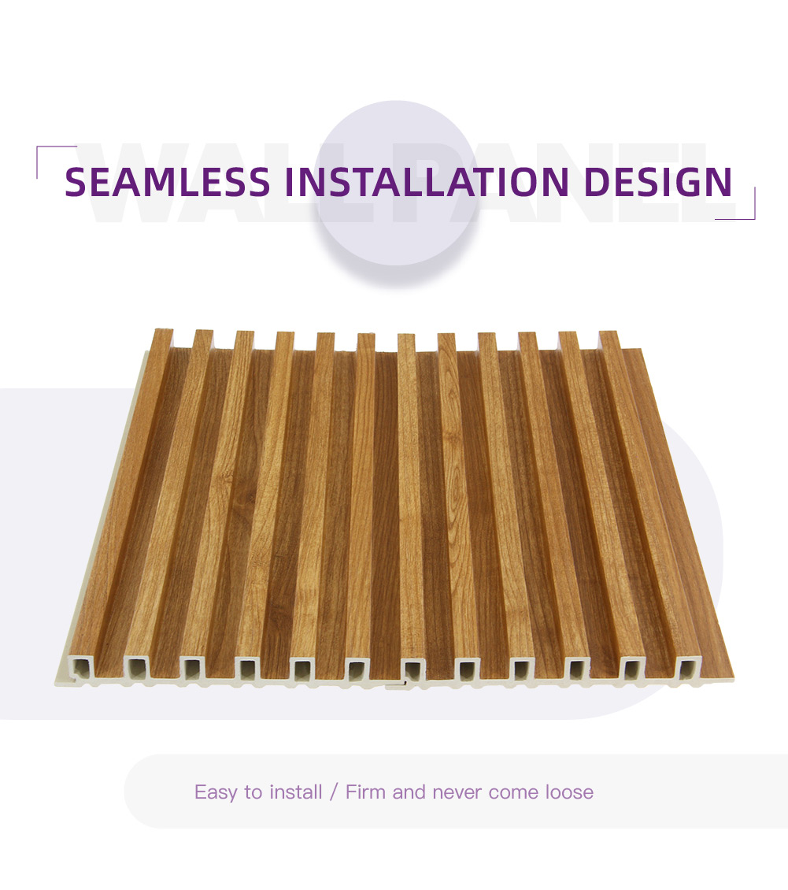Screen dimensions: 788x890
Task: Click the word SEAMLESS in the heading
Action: pyautogui.click(x=168, y=182)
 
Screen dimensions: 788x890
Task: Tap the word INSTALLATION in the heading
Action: pyautogui.click(x=427, y=182)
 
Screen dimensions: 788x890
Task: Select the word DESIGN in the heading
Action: pyautogui.click(x=658, y=182)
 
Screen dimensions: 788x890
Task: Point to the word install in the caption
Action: pyautogui.click(x=295, y=792)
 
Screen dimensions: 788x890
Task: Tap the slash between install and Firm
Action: pyautogui.click(x=334, y=792)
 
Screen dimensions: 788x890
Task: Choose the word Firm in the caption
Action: pyautogui.click(x=365, y=792)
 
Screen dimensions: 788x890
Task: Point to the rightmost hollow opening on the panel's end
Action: pyautogui.click(x=689, y=668)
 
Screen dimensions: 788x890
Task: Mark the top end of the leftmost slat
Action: pyautogui.click(x=164, y=330)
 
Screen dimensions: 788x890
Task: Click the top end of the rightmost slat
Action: pyautogui.click(x=608, y=332)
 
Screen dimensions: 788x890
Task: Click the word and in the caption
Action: pyautogui.click(x=409, y=792)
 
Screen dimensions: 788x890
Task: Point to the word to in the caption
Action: pyautogui.click(x=253, y=792)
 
